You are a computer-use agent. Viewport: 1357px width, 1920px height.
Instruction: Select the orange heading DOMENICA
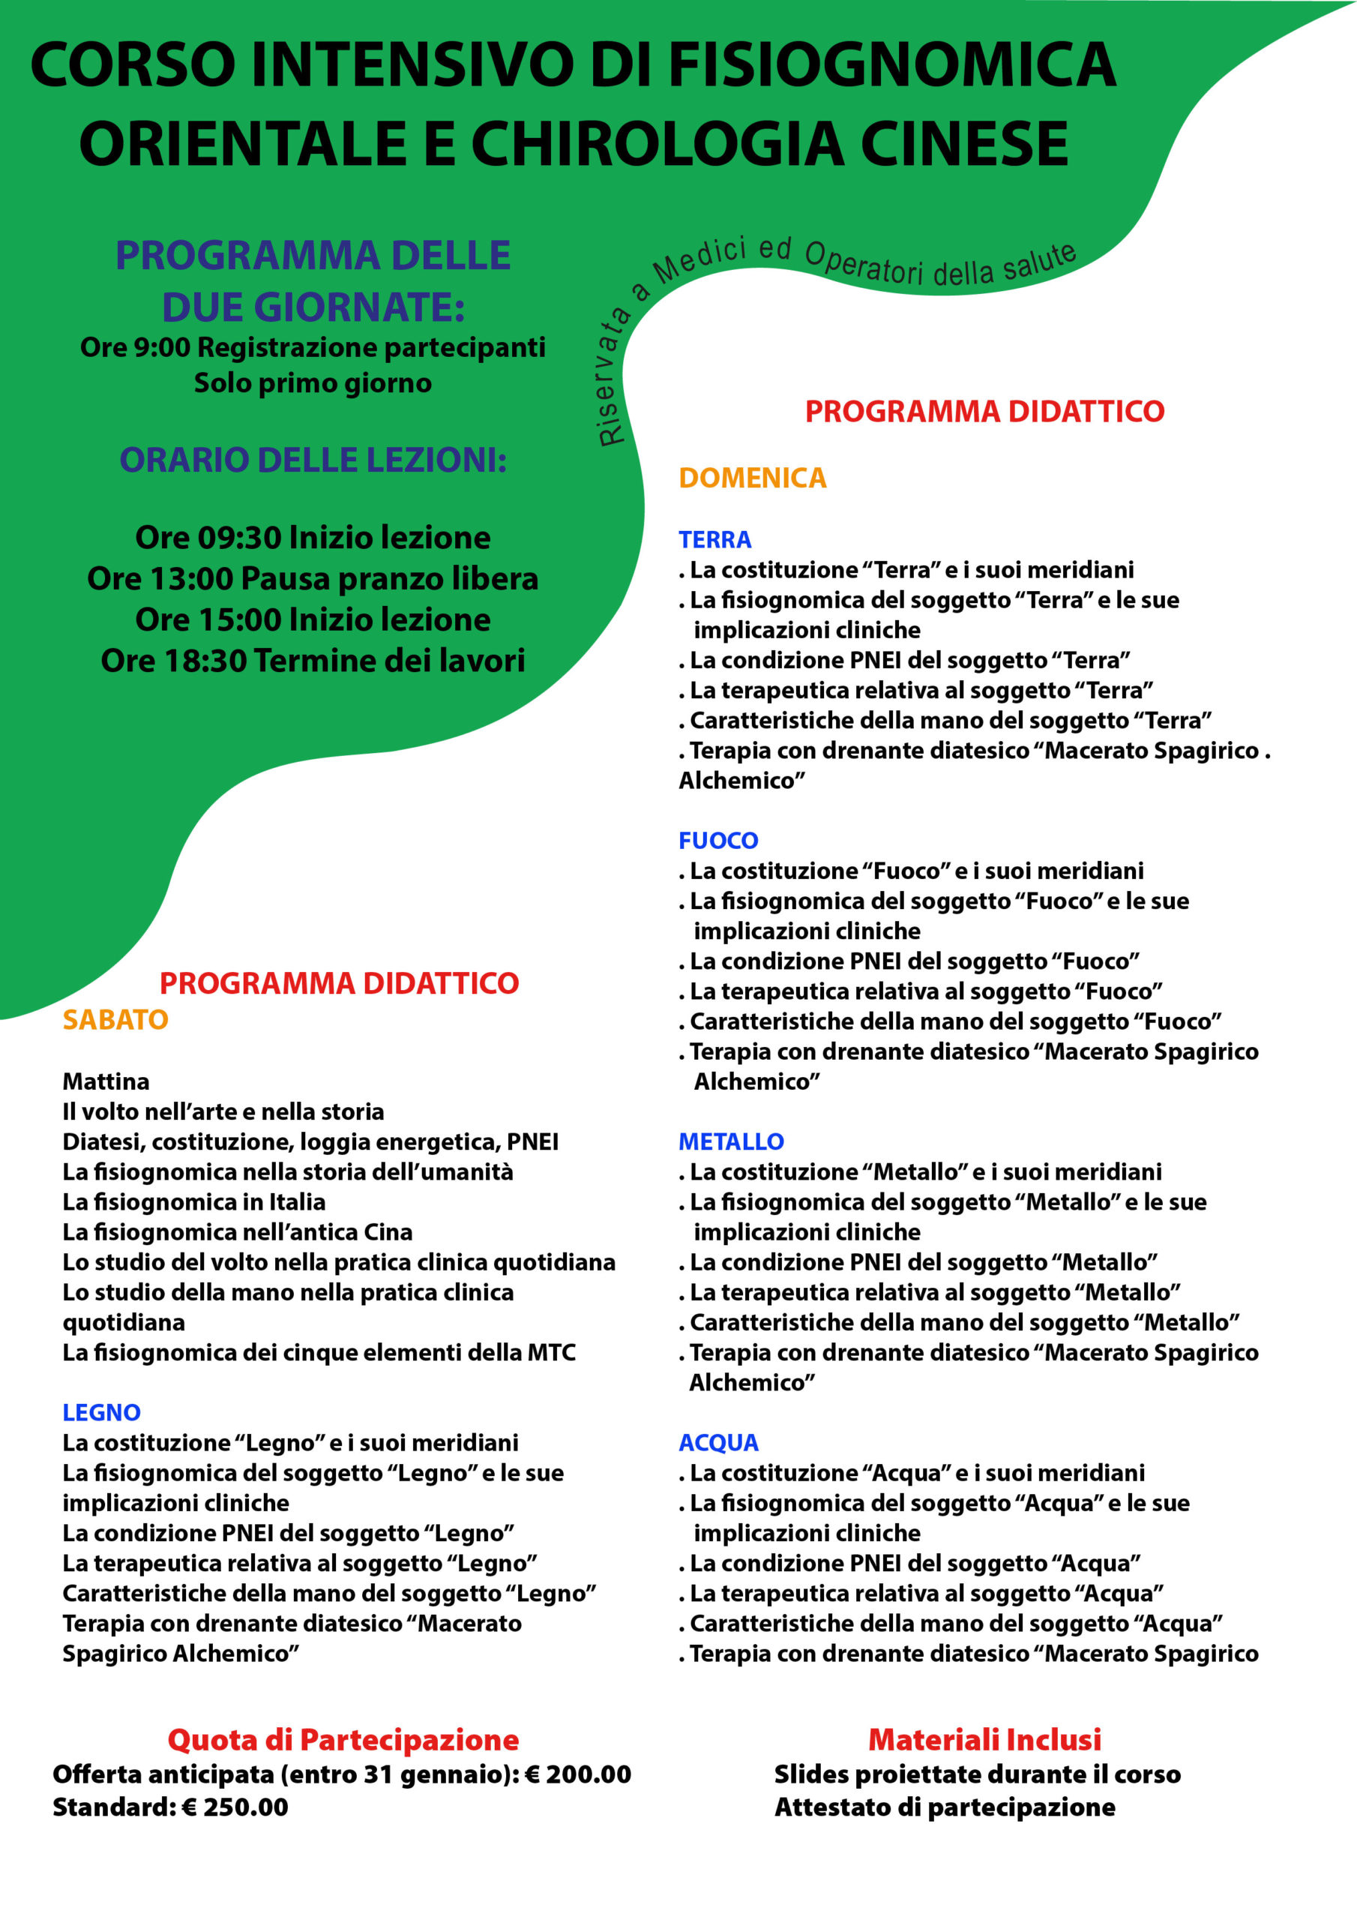pos(753,478)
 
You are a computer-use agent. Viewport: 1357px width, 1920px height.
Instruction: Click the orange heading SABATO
pos(115,1019)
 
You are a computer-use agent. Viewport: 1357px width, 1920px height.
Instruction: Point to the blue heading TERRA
pos(715,539)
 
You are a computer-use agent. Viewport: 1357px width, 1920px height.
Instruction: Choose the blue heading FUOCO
pos(718,841)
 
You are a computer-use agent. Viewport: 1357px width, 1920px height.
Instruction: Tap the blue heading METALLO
pos(731,1141)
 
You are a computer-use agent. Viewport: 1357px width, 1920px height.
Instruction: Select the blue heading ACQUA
pos(718,1442)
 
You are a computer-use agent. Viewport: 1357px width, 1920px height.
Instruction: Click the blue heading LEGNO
pos(101,1412)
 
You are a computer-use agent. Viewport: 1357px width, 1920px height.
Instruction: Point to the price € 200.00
pos(577,1774)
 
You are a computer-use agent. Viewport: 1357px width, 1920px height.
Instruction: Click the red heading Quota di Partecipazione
pos(343,1739)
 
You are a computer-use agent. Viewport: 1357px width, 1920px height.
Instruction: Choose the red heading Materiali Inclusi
pos(984,1739)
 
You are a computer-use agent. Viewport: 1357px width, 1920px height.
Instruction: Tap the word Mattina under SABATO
pos(106,1081)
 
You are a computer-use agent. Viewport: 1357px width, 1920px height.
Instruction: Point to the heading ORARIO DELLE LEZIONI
pos(313,460)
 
